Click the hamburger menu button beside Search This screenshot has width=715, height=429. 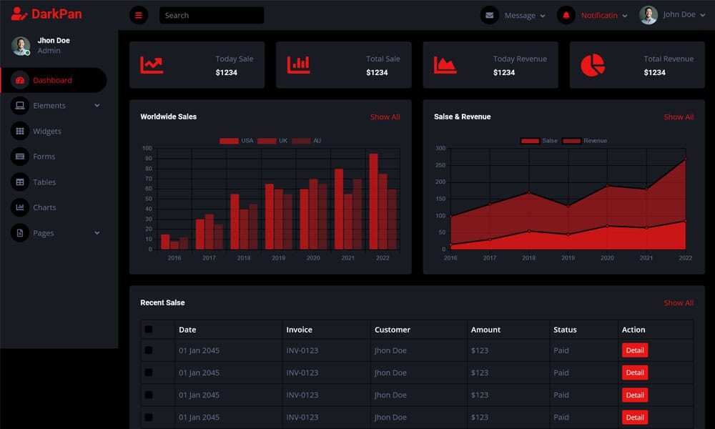point(139,15)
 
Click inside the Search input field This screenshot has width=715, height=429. point(211,15)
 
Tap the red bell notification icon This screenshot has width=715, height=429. point(566,15)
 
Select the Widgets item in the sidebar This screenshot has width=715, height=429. point(46,132)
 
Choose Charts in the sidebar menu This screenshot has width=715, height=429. point(44,207)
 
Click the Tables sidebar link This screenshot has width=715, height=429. point(44,182)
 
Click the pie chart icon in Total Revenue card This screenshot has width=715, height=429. point(593,65)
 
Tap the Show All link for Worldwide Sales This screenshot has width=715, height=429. point(385,117)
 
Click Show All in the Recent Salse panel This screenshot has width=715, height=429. point(678,302)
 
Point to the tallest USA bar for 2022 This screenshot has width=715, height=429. point(373,201)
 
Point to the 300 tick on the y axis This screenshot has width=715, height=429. point(440,149)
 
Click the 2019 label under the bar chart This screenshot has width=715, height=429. point(278,257)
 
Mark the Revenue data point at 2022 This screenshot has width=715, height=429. point(685,159)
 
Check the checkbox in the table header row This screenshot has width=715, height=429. point(149,330)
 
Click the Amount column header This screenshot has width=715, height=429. point(485,330)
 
